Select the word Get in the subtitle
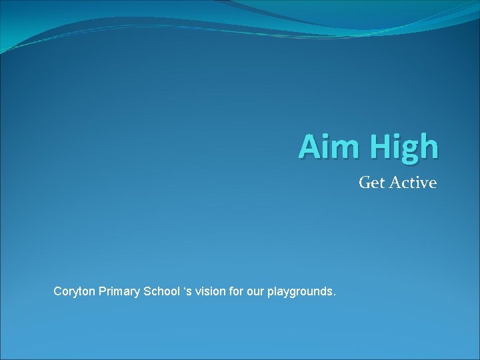tap(371, 182)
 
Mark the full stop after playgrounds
tap(333, 295)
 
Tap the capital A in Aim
tap(309, 147)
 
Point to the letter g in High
tap(409, 151)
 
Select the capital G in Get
tap(364, 182)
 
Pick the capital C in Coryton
tap(57, 291)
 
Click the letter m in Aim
tap(338, 149)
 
